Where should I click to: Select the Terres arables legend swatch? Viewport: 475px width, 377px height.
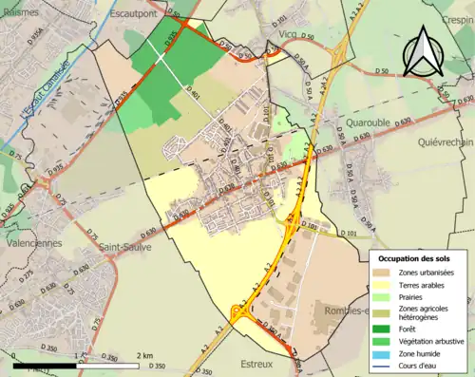pos(384,284)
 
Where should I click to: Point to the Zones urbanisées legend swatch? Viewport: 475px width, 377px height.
pos(384,272)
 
